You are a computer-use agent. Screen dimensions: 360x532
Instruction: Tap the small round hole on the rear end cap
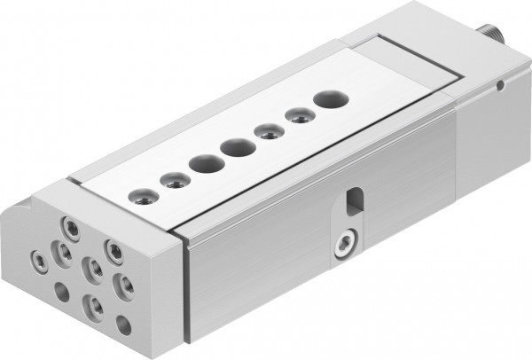(x=501, y=86)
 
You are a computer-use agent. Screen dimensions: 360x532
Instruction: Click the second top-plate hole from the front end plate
(x=170, y=180)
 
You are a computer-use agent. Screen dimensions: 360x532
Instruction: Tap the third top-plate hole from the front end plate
(x=205, y=164)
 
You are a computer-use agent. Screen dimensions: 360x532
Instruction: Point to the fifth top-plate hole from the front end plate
(x=266, y=132)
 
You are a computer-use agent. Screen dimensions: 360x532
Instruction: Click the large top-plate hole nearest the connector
(x=329, y=98)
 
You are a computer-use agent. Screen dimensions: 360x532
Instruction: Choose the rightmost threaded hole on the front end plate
(x=127, y=286)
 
